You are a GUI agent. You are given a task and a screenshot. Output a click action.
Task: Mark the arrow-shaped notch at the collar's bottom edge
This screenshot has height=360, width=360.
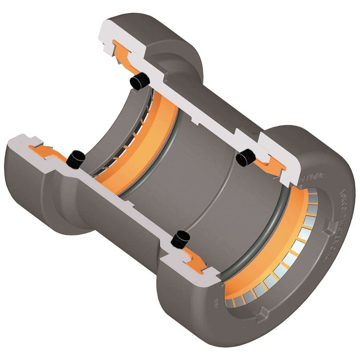pyautogui.click(x=260, y=312)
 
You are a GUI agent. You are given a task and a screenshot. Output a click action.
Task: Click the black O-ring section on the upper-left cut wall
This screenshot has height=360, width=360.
pyautogui.click(x=140, y=81)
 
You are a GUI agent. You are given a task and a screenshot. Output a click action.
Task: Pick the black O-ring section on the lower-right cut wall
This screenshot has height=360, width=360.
pyautogui.click(x=180, y=239)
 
